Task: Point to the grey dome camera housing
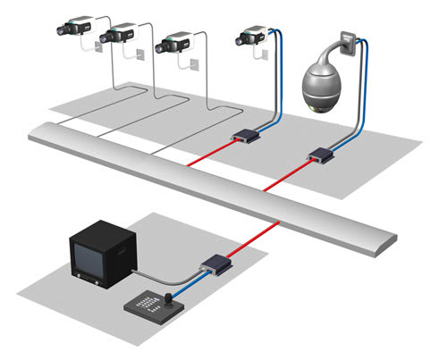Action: pyautogui.click(x=325, y=88)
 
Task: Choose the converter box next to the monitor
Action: pyautogui.click(x=214, y=264)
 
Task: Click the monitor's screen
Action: pyautogui.click(x=95, y=256)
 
